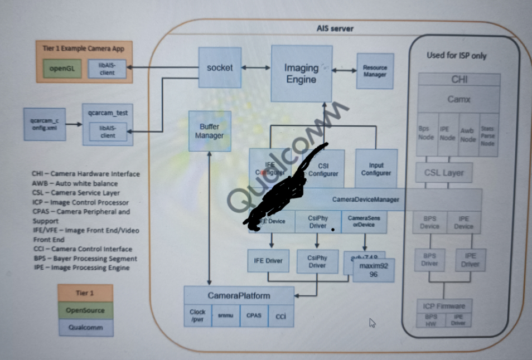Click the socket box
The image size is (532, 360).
(x=220, y=67)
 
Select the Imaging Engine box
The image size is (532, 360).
(x=301, y=74)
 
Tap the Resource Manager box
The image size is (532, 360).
(x=375, y=71)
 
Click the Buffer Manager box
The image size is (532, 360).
(x=209, y=131)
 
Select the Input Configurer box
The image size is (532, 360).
(x=376, y=169)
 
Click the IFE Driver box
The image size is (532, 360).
(x=268, y=261)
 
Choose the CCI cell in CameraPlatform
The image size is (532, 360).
(x=281, y=316)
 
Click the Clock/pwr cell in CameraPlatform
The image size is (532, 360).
(x=197, y=315)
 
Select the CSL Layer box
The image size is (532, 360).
(x=444, y=173)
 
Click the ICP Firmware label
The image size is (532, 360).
(x=444, y=306)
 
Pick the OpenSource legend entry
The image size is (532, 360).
(x=85, y=310)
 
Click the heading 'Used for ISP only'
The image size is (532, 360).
(x=456, y=55)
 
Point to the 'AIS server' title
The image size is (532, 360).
(x=335, y=28)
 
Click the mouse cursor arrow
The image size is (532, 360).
(x=372, y=323)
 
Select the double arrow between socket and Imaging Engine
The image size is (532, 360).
(x=257, y=67)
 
